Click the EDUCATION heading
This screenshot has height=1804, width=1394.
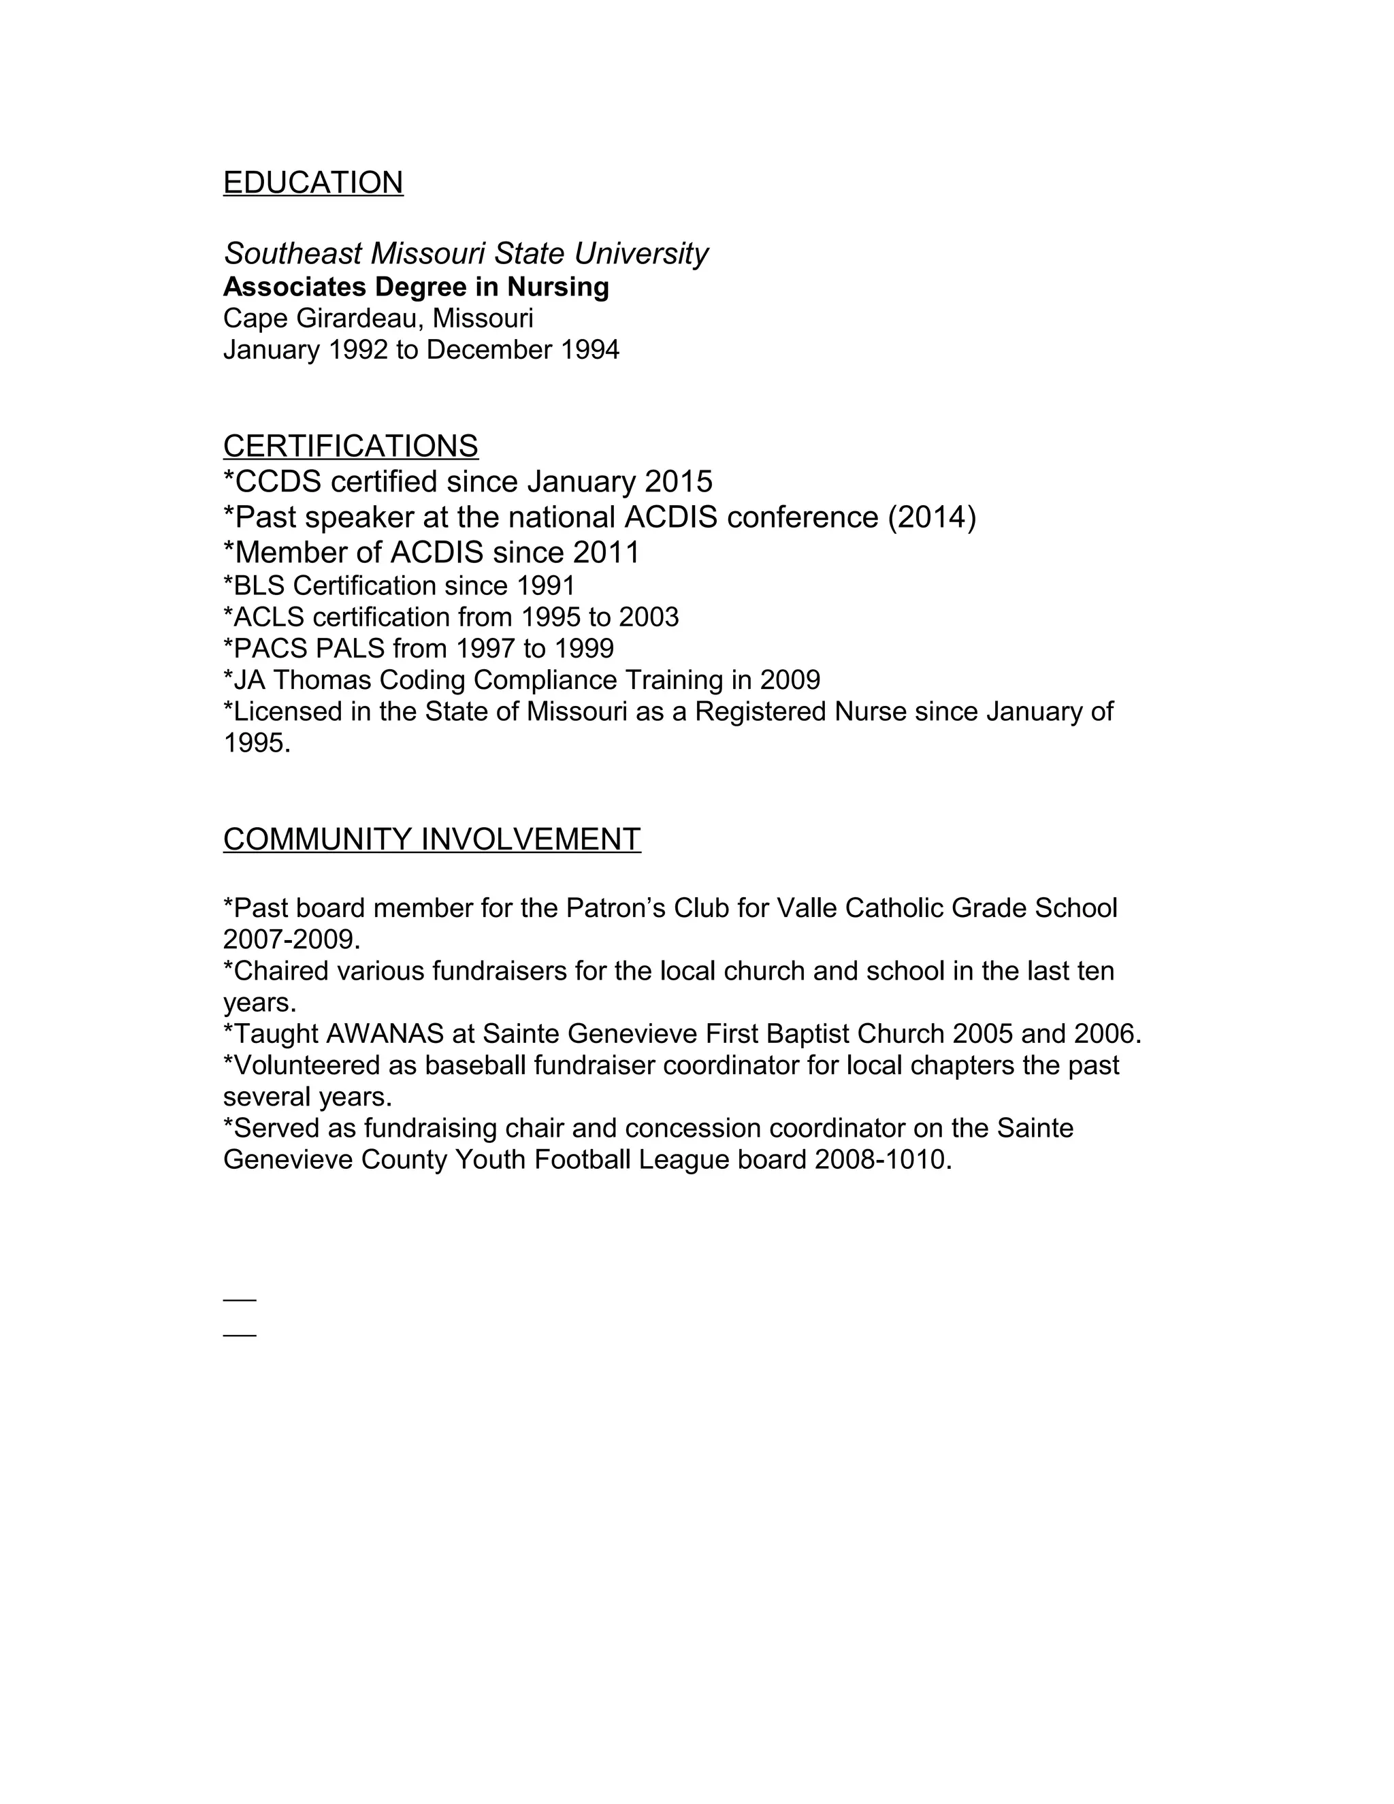coord(313,182)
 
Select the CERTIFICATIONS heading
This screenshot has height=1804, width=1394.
coord(350,446)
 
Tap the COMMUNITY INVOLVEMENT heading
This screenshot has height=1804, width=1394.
coord(432,839)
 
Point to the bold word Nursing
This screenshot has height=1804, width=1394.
coord(557,287)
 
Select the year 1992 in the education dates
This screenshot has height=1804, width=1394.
coord(357,350)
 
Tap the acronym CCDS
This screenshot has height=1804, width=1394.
coord(278,481)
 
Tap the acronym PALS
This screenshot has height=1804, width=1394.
coord(351,648)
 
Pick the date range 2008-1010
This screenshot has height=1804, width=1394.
coord(879,1160)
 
